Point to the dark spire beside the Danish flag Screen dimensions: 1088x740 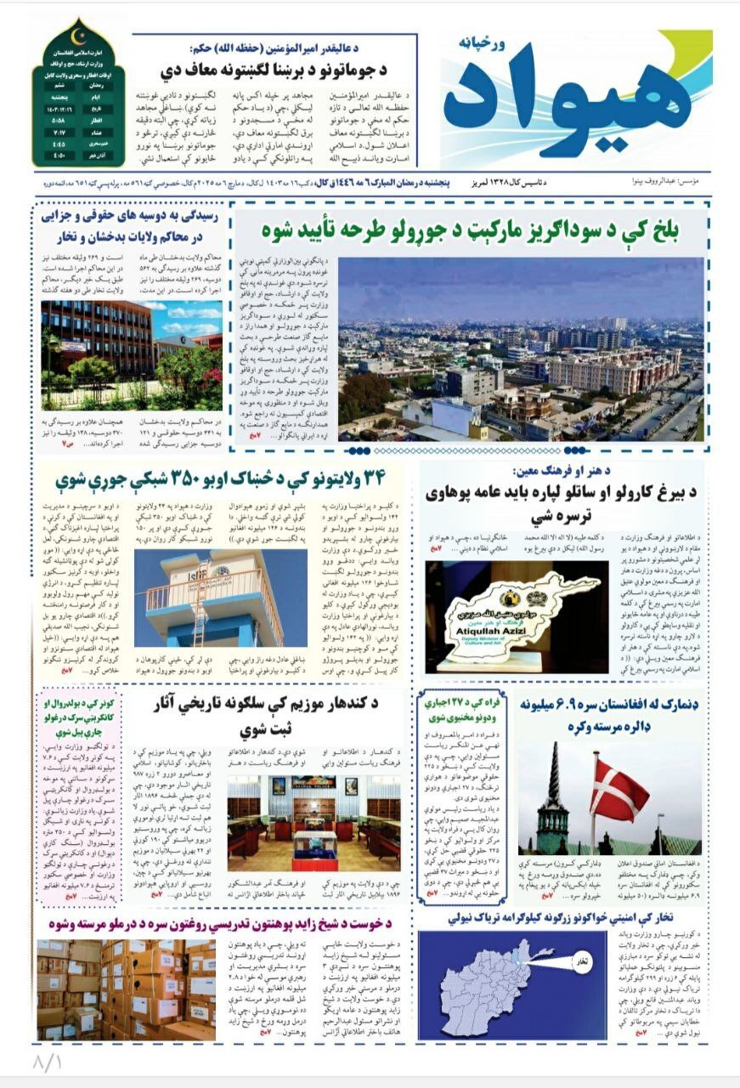(x=555, y=790)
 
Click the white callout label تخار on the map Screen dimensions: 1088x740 (x=581, y=960)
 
